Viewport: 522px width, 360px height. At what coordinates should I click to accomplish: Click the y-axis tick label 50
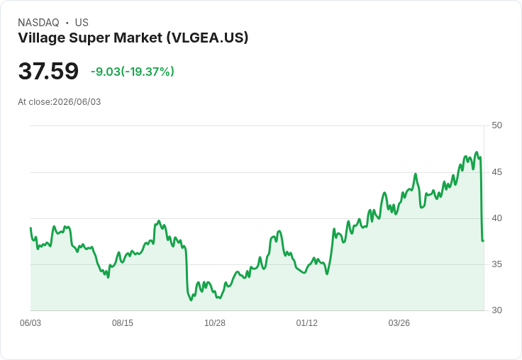coord(496,125)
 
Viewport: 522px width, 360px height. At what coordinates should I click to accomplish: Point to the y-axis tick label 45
coord(496,172)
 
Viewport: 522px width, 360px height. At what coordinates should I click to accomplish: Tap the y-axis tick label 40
coord(496,218)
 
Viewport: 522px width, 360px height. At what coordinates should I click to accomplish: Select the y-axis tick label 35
coord(496,264)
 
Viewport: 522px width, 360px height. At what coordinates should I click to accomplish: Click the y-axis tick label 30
coord(496,310)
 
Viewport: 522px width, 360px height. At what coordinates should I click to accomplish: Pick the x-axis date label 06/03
coord(30,323)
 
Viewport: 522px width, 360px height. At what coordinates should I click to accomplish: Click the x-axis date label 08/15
coord(123,323)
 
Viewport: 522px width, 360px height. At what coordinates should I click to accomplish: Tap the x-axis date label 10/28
coord(215,323)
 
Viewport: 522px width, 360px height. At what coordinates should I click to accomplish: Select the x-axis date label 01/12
coord(307,323)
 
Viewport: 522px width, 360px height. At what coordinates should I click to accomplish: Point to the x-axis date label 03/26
coord(399,323)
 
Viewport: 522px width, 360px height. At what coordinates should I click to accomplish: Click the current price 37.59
coord(48,71)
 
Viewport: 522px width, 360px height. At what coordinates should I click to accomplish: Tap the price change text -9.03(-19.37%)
coord(133,72)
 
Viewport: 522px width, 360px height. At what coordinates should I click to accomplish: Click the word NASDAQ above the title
coord(38,23)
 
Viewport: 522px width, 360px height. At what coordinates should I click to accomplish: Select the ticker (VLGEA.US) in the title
coord(207,38)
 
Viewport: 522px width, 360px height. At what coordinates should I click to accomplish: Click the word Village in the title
coord(42,38)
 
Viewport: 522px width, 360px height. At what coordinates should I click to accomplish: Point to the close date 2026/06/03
coord(77,102)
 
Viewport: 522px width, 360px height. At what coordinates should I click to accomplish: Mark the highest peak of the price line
coord(477,152)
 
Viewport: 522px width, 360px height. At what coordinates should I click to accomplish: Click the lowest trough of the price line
coord(191,300)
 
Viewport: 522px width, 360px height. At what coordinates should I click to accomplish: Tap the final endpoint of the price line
coord(483,240)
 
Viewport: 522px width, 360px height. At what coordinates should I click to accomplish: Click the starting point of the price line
coord(30,228)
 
